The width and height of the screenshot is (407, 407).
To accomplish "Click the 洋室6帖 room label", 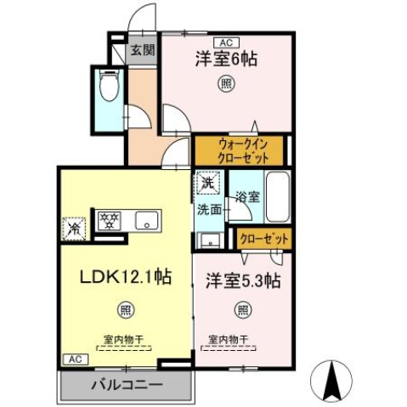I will coord(226,59).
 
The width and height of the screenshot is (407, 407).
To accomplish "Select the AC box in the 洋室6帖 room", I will coord(226,41).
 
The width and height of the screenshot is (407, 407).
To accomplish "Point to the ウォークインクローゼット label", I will coord(243,150).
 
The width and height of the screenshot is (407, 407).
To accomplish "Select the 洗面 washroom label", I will coord(209,208).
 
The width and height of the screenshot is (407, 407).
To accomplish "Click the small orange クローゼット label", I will coord(263,240).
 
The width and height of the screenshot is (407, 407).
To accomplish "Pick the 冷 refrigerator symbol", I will coord(75,228).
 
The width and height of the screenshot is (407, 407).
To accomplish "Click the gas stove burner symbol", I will coord(110,220).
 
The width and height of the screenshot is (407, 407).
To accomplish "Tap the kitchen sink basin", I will coord(147,220).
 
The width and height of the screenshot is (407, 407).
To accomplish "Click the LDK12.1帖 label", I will coord(115,277).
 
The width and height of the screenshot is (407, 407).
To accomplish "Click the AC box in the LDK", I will coord(73,359).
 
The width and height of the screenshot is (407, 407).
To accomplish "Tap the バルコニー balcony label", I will coord(127,385).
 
